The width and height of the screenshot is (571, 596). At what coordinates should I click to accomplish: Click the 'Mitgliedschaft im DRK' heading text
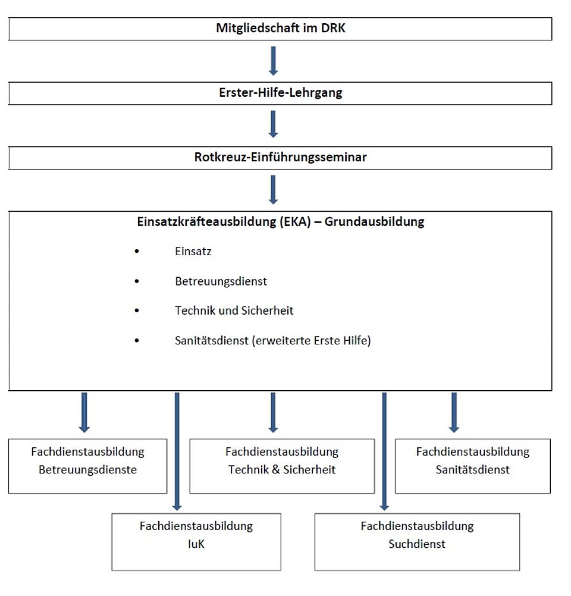pyautogui.click(x=281, y=28)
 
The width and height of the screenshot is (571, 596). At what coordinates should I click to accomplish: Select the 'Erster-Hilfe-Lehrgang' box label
pyautogui.click(x=281, y=93)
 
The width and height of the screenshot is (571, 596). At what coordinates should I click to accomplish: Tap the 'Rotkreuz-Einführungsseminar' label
pyautogui.click(x=281, y=157)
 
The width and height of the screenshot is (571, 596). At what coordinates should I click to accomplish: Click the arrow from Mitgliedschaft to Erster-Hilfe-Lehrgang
pyautogui.click(x=274, y=61)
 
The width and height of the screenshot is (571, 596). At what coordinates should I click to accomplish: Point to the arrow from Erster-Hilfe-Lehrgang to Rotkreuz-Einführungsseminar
pyautogui.click(x=274, y=124)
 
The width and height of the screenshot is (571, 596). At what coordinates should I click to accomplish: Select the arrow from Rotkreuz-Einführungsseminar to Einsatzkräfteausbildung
pyautogui.click(x=274, y=189)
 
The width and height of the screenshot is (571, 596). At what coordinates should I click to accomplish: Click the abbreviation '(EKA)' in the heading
pyautogui.click(x=296, y=222)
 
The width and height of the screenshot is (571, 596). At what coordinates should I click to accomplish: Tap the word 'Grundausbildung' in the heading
pyautogui.click(x=375, y=222)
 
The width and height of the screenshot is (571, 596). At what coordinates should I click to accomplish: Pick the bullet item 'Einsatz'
pyautogui.click(x=193, y=251)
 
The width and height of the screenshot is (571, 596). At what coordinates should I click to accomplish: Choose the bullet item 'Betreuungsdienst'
pyautogui.click(x=221, y=281)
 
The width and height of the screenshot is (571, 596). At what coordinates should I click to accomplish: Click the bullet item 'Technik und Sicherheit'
pyautogui.click(x=234, y=310)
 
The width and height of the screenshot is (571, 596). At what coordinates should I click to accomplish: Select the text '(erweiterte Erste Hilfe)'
pyautogui.click(x=311, y=340)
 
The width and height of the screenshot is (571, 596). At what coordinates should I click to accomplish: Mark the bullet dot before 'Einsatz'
pyautogui.click(x=137, y=251)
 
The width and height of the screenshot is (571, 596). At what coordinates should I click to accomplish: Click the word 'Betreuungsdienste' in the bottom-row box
pyautogui.click(x=88, y=469)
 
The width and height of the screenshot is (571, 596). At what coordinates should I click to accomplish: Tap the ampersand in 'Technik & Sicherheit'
pyautogui.click(x=276, y=469)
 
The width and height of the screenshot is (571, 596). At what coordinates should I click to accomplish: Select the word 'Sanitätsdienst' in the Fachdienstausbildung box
pyautogui.click(x=472, y=469)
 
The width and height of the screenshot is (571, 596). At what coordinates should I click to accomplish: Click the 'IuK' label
pyautogui.click(x=196, y=544)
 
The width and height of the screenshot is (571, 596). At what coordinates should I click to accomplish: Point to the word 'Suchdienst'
pyautogui.click(x=417, y=544)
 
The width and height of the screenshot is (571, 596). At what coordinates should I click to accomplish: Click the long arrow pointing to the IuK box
pyautogui.click(x=177, y=451)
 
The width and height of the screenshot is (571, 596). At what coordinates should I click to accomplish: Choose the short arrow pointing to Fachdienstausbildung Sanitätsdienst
pyautogui.click(x=454, y=413)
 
